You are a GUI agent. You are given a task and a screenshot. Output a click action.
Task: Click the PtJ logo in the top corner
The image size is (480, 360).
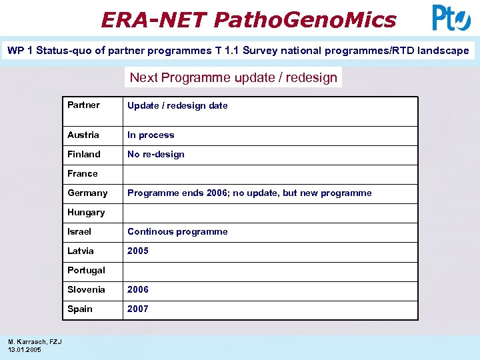point(451,17)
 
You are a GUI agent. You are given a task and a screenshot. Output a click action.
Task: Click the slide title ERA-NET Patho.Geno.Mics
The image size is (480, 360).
point(249,19)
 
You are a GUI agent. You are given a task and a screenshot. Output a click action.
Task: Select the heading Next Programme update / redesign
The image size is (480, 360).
point(233,77)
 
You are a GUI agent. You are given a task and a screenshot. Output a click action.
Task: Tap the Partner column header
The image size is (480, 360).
point(83,105)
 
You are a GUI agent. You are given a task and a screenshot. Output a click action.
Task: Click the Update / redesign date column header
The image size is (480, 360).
point(177,105)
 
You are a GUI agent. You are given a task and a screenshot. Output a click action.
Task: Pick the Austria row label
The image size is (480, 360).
point(83,135)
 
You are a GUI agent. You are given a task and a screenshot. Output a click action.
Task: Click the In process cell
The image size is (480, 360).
point(151,135)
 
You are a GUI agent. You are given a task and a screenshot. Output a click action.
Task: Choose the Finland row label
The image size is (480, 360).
point(84,154)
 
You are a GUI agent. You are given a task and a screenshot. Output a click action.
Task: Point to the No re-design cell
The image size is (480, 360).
point(156,154)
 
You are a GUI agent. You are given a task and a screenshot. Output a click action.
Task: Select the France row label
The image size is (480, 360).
point(83,173)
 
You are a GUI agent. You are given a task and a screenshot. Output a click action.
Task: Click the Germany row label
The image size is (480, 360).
point(87,193)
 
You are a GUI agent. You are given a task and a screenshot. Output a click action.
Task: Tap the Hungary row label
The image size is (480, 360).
point(86,212)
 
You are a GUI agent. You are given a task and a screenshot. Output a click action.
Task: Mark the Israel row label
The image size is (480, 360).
point(79,231)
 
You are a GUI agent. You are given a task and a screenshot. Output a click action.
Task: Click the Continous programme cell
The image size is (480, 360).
point(177,231)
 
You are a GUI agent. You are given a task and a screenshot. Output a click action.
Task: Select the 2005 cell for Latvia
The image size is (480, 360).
point(138,251)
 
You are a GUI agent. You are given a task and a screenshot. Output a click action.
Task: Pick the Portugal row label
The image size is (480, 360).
point(86,270)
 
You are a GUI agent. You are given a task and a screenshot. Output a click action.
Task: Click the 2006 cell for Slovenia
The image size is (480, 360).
point(138,289)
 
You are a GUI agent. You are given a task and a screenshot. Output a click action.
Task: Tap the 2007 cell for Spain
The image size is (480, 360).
point(138,309)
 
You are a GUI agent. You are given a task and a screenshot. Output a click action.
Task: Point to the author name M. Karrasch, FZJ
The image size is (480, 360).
point(35,342)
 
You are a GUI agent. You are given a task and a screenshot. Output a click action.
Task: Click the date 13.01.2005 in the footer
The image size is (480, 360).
point(25,349)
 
